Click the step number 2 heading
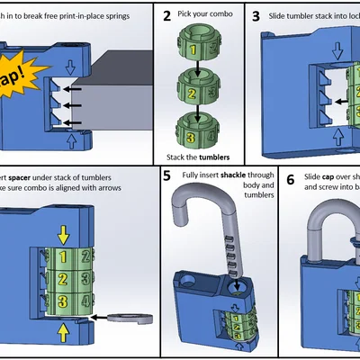(167, 15)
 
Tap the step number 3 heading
(256, 15)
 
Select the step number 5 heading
(167, 175)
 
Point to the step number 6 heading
(291, 179)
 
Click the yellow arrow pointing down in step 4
(63, 235)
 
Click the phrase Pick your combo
(210, 16)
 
